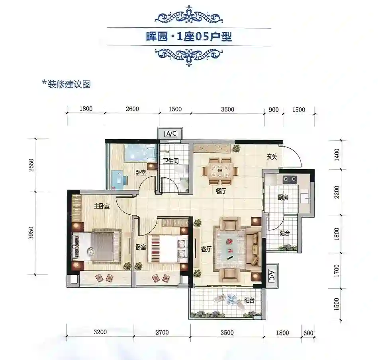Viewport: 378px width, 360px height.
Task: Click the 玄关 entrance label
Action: click(272, 157)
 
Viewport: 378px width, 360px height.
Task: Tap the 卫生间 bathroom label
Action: click(171, 161)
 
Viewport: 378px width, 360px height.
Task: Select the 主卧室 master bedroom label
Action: click(102, 206)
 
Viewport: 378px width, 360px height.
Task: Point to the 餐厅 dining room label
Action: click(221, 191)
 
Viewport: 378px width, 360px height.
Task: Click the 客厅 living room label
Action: click(206, 249)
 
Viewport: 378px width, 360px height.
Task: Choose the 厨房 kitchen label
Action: click(283, 198)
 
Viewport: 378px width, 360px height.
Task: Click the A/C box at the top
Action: click(171, 133)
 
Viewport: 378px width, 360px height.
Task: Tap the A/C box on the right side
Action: click(271, 276)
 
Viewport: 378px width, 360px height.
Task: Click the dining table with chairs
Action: click(220, 171)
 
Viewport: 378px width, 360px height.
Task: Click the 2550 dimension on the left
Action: click(31, 165)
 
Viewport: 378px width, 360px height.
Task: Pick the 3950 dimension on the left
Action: click(31, 233)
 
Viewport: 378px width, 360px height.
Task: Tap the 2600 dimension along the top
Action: click(132, 109)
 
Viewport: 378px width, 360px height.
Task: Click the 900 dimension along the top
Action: click(274, 110)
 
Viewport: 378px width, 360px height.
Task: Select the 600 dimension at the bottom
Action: click(308, 333)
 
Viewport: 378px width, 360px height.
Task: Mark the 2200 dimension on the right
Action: click(337, 192)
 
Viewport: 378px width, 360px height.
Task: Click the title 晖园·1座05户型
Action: click(189, 37)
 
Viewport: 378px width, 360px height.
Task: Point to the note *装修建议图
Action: click(67, 84)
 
